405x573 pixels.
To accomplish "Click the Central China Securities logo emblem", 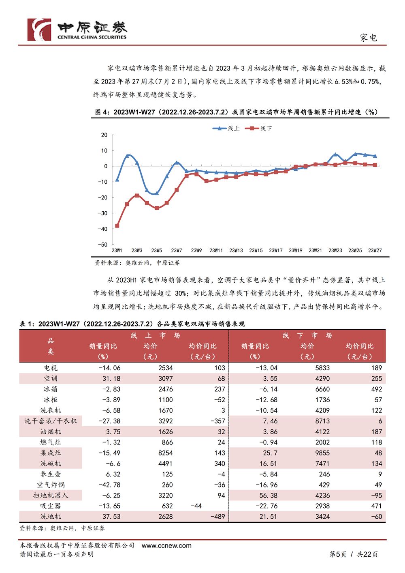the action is point(39,30).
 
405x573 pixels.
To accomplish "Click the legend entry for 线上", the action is point(226,129).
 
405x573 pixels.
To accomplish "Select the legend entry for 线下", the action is point(258,129).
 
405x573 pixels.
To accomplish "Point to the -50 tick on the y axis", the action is point(103,245).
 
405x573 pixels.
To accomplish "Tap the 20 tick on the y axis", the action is point(104,135).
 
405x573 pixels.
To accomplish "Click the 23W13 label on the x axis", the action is point(236,251).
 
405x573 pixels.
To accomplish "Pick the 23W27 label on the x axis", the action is point(375,251).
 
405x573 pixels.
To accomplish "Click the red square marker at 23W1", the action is point(117,225).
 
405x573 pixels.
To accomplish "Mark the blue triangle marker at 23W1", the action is point(117,180).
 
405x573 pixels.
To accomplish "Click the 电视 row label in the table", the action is point(51,367).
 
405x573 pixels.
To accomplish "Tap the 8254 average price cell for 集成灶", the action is point(166,453).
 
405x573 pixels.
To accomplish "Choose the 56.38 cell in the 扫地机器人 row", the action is point(268,495).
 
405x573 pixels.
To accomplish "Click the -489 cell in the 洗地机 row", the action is point(218,517).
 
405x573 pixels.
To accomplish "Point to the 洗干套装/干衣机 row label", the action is point(51,421).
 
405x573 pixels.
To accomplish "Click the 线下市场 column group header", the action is point(307,335).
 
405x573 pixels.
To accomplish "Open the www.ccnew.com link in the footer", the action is point(166,545).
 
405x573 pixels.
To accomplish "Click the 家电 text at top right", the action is point(369,38).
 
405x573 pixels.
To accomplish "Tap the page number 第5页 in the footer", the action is point(338,554).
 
